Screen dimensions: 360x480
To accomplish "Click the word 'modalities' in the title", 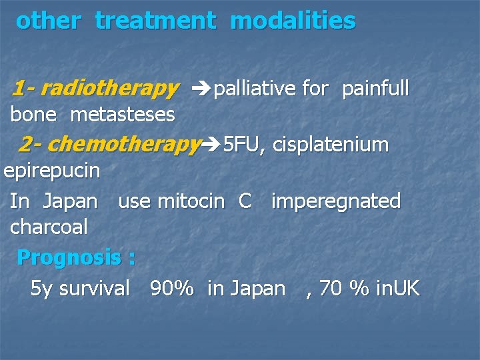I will point(293,21).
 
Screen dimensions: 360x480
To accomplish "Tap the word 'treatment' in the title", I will point(155,21).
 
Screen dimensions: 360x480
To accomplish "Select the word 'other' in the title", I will point(48,21).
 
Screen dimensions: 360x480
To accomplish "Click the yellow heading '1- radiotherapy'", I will point(95,88).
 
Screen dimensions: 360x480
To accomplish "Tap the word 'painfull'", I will point(375,88).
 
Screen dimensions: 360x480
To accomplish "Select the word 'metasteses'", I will point(122,115).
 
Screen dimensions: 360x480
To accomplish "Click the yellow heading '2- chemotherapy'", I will point(109,143).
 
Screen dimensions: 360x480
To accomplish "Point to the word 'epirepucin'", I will point(52,171).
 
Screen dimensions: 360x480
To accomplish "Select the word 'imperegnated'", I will point(335,201).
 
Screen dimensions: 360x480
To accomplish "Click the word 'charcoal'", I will point(49,227).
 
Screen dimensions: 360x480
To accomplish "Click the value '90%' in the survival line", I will point(172,288).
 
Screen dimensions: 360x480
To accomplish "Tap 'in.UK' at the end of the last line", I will point(398,288).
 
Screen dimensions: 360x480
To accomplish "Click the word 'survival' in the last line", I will point(95,288).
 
